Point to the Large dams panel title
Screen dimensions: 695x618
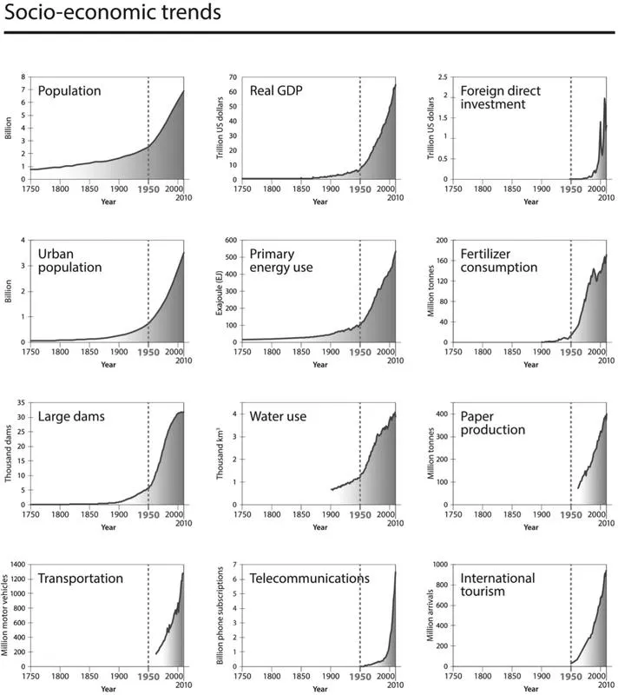[72, 416]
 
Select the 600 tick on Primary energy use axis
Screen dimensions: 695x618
[230, 241]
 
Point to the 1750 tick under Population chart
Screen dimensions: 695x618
[30, 188]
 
